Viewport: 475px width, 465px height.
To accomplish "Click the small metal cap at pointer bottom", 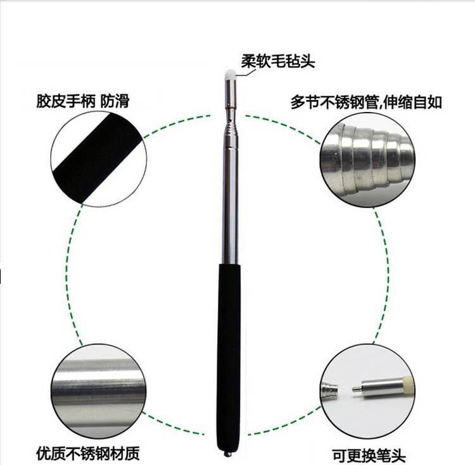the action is (x=227, y=453).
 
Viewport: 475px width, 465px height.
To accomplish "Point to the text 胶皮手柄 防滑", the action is (x=83, y=101).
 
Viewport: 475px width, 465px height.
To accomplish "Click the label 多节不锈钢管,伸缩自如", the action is (x=366, y=102).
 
